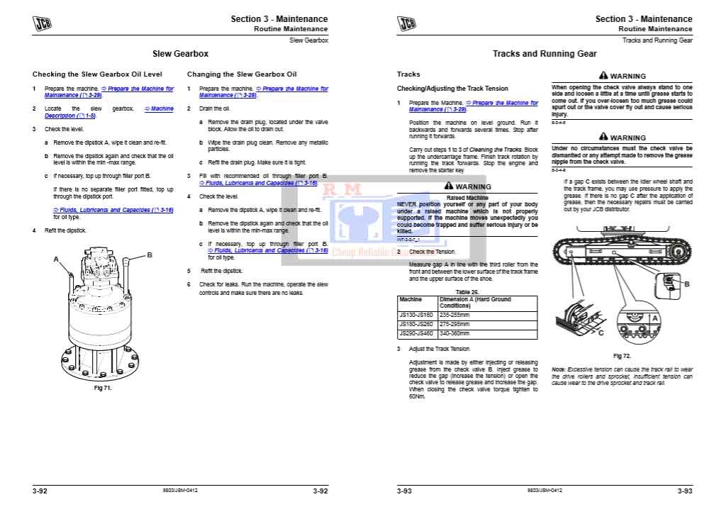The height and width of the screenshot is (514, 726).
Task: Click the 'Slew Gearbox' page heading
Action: tap(181, 53)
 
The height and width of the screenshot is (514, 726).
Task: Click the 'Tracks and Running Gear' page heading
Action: tap(544, 53)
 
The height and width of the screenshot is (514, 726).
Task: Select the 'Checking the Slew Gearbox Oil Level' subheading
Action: tap(97, 74)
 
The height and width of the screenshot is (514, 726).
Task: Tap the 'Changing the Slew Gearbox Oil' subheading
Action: tap(242, 74)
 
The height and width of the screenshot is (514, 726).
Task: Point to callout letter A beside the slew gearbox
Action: tap(56, 259)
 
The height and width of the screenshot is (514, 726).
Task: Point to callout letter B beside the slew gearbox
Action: tap(150, 255)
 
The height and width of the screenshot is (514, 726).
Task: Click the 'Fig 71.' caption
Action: tap(103, 388)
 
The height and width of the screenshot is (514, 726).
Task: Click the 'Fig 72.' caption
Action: tap(622, 356)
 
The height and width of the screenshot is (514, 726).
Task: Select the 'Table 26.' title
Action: tap(467, 292)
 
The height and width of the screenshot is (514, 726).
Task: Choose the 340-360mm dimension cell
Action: tap(454, 333)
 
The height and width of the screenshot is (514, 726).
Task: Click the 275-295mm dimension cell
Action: tap(454, 324)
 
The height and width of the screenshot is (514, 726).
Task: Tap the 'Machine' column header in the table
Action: tap(411, 300)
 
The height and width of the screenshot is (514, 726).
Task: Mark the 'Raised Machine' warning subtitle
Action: tap(467, 198)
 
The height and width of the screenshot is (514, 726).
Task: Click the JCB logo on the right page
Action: tap(407, 25)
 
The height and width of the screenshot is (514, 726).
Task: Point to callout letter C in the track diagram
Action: tap(601, 332)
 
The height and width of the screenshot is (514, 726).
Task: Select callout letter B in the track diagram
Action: tap(686, 284)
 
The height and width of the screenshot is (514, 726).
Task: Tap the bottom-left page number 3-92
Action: tap(40, 491)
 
